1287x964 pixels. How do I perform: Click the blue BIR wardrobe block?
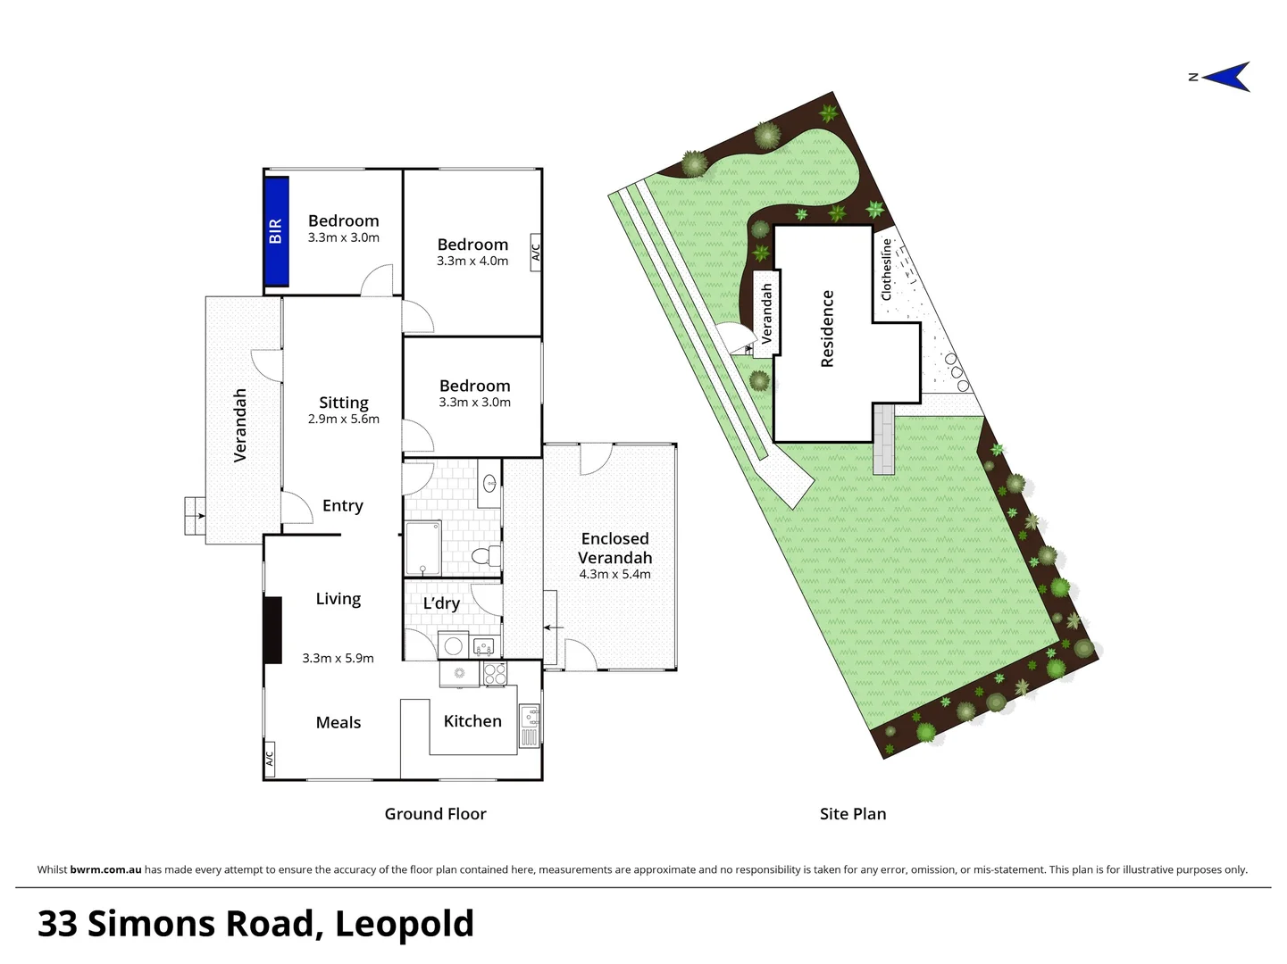coord(276,231)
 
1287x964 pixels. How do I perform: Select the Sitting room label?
coord(344,403)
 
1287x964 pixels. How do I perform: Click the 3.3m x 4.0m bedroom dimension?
coord(472,262)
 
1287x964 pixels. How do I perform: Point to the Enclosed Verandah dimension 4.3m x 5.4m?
coord(614,574)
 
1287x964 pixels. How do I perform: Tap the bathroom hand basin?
coord(489,484)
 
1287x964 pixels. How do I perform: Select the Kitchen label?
coord(472,721)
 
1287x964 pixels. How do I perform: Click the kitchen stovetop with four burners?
coord(495,674)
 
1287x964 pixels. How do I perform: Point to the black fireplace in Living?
coord(272,630)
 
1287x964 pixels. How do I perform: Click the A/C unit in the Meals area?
coord(269,758)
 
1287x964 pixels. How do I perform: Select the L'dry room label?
coord(441,603)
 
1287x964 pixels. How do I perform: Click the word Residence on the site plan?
coord(827,328)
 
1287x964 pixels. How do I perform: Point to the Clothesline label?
coord(887,269)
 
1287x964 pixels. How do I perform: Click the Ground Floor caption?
coord(435,814)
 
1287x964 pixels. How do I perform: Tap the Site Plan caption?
coord(853,814)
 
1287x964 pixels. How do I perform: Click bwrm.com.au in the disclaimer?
coord(105,869)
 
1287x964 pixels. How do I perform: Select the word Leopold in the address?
coord(404,924)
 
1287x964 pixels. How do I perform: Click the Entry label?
coord(343,506)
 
